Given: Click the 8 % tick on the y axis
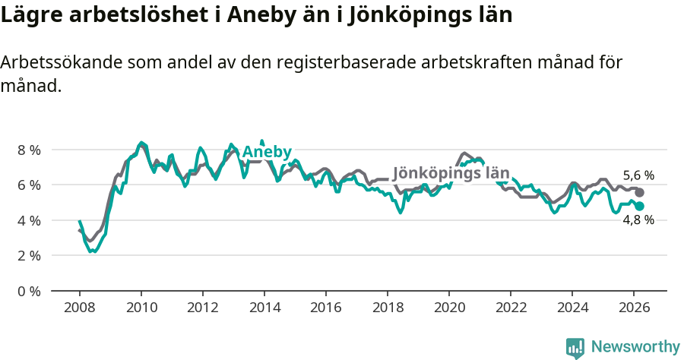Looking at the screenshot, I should [29, 150].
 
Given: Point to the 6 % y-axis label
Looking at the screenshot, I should [29, 185].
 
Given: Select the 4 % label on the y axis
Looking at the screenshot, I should [29, 220].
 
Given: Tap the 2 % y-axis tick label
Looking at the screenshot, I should [29, 255].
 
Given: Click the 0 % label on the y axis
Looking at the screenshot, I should [29, 291].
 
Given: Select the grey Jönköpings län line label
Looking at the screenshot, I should [451, 172].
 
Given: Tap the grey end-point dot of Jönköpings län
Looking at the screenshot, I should [639, 193].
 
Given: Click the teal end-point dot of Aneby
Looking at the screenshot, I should [639, 206].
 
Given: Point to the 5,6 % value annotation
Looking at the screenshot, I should [638, 175].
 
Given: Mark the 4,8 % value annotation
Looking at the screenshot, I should [638, 220].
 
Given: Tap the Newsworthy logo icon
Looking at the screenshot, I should [575, 347].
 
